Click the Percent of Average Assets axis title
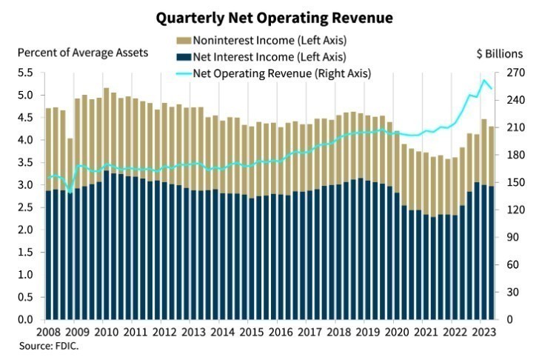83,53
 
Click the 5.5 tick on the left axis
24,73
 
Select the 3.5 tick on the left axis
24,162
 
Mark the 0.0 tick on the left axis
24,319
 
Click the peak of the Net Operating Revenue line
484,80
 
